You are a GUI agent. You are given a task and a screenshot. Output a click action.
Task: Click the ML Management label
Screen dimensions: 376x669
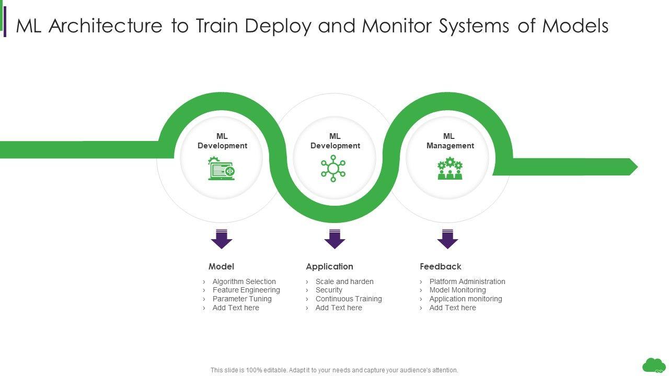point(449,141)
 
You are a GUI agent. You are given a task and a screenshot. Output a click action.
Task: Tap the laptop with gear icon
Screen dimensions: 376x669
point(222,169)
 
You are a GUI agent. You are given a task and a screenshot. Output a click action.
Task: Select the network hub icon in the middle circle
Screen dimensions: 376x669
point(333,168)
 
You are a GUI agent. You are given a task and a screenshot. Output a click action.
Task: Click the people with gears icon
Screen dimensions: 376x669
point(449,169)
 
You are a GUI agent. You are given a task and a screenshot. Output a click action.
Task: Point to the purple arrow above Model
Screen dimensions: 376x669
point(222,239)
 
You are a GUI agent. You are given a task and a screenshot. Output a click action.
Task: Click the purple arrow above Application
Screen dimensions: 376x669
point(334,239)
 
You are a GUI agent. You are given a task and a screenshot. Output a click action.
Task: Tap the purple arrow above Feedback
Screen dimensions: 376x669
point(447,239)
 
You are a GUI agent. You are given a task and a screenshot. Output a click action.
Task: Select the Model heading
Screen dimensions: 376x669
point(221,266)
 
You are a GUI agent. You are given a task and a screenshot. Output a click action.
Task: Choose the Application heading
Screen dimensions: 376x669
point(329,266)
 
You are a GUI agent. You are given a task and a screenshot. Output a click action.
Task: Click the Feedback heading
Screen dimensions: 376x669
point(441,266)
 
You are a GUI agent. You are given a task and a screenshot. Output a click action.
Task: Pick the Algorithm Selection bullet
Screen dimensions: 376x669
point(244,281)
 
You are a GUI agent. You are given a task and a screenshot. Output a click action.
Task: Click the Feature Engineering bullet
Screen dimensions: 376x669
point(246,290)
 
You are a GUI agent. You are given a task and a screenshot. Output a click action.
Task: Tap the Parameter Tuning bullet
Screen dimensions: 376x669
point(242,299)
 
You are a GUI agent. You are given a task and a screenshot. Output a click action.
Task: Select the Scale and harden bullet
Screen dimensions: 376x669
point(344,281)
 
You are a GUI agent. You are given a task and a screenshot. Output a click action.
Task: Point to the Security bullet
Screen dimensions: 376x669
point(329,290)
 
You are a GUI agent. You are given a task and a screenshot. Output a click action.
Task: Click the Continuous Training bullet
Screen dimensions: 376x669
point(349,299)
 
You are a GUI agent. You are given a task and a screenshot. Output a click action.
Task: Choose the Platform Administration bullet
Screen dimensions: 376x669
point(467,281)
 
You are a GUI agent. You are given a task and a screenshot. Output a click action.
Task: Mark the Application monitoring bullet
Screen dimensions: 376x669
point(466,299)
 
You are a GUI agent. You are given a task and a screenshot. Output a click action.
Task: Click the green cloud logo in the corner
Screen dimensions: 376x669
point(653,365)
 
